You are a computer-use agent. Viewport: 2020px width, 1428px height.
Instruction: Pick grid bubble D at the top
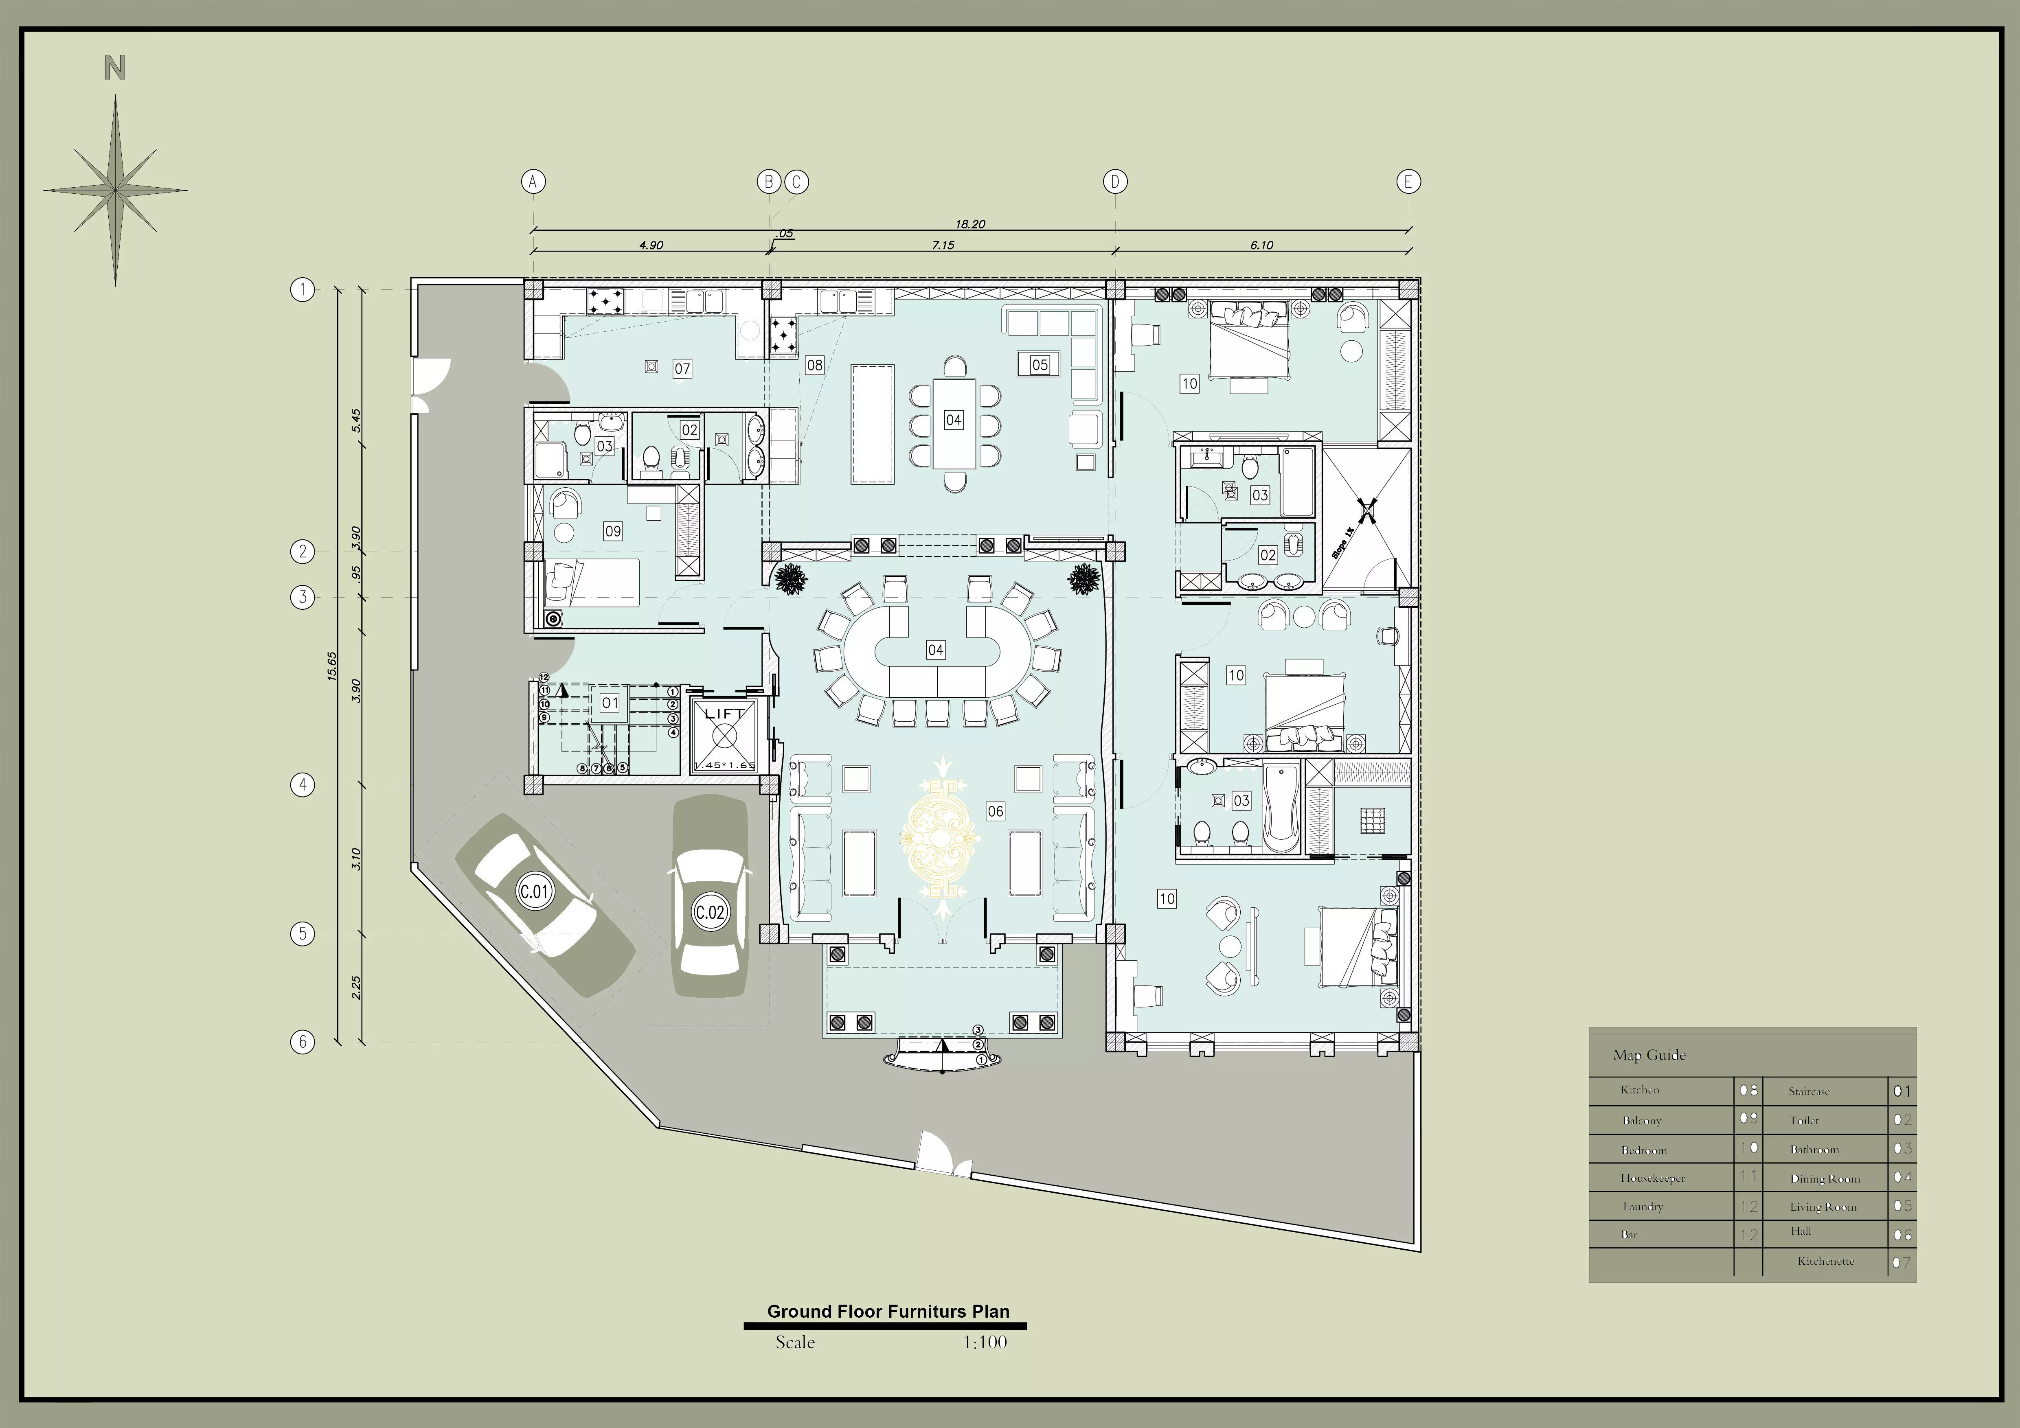point(1115,182)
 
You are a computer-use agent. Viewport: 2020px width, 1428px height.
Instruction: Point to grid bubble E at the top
point(1408,182)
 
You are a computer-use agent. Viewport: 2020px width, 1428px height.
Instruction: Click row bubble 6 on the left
point(303,1042)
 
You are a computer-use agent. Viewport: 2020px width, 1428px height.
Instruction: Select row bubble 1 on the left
point(303,289)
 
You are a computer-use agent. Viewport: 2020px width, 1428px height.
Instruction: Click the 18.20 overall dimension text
point(970,224)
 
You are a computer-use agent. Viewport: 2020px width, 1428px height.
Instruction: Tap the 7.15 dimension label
point(943,245)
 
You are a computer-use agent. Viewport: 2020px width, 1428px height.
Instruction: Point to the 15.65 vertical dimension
point(332,666)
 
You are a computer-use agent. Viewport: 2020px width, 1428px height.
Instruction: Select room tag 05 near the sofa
point(1040,364)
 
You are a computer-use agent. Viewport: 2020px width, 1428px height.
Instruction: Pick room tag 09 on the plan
point(613,531)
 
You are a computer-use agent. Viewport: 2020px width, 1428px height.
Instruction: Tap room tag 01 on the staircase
point(610,703)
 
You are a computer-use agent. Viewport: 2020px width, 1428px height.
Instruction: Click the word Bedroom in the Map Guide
point(1643,1150)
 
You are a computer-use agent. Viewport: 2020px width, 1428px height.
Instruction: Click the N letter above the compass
point(115,68)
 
